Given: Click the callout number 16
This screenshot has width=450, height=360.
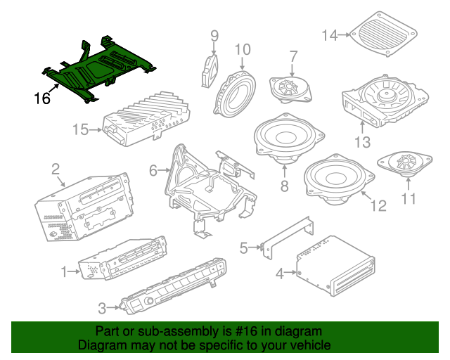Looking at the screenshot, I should [42, 98].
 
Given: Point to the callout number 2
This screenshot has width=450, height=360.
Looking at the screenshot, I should [54, 169].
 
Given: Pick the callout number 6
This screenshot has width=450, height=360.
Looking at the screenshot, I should [154, 169].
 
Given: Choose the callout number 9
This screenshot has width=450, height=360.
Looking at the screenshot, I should [214, 35].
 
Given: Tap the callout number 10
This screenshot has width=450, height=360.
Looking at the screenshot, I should [243, 49].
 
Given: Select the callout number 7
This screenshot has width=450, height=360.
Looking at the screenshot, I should [294, 56].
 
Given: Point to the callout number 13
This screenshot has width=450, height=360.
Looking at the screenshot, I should [362, 143].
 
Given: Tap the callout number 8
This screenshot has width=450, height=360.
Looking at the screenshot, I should [284, 186].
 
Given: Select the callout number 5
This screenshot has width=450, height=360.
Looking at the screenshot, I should [244, 247].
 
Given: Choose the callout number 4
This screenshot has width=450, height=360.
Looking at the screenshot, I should [279, 273].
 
